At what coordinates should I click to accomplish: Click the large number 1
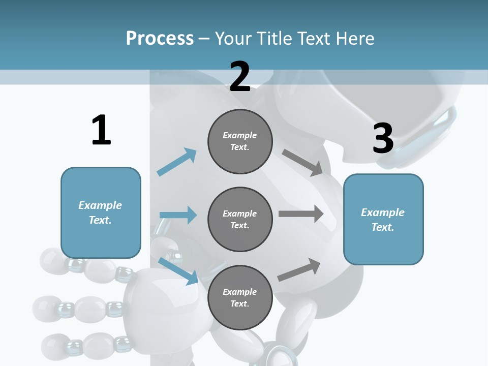pyautogui.click(x=101, y=130)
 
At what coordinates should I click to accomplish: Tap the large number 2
pyautogui.click(x=240, y=77)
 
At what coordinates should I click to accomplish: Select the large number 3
pyautogui.click(x=383, y=138)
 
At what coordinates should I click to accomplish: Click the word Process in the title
pyautogui.click(x=160, y=38)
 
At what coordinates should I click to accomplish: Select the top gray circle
pyautogui.click(x=240, y=141)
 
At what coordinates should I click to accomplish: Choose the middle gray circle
pyautogui.click(x=240, y=219)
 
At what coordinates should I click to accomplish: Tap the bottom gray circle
pyautogui.click(x=240, y=297)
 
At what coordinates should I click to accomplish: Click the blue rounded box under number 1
pyautogui.click(x=101, y=212)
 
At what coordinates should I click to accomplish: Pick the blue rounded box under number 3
pyautogui.click(x=383, y=220)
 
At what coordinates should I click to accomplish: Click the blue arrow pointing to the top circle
pyautogui.click(x=177, y=162)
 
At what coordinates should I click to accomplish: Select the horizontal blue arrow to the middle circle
pyautogui.click(x=178, y=215)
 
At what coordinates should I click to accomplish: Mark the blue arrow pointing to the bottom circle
pyautogui.click(x=178, y=270)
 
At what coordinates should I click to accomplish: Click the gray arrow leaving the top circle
pyautogui.click(x=302, y=163)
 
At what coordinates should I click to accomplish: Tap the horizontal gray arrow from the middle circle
pyautogui.click(x=301, y=214)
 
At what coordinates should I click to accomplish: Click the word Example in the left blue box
pyautogui.click(x=100, y=205)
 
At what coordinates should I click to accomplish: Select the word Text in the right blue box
pyautogui.click(x=382, y=227)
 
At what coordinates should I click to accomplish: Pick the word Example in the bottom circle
pyautogui.click(x=239, y=292)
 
